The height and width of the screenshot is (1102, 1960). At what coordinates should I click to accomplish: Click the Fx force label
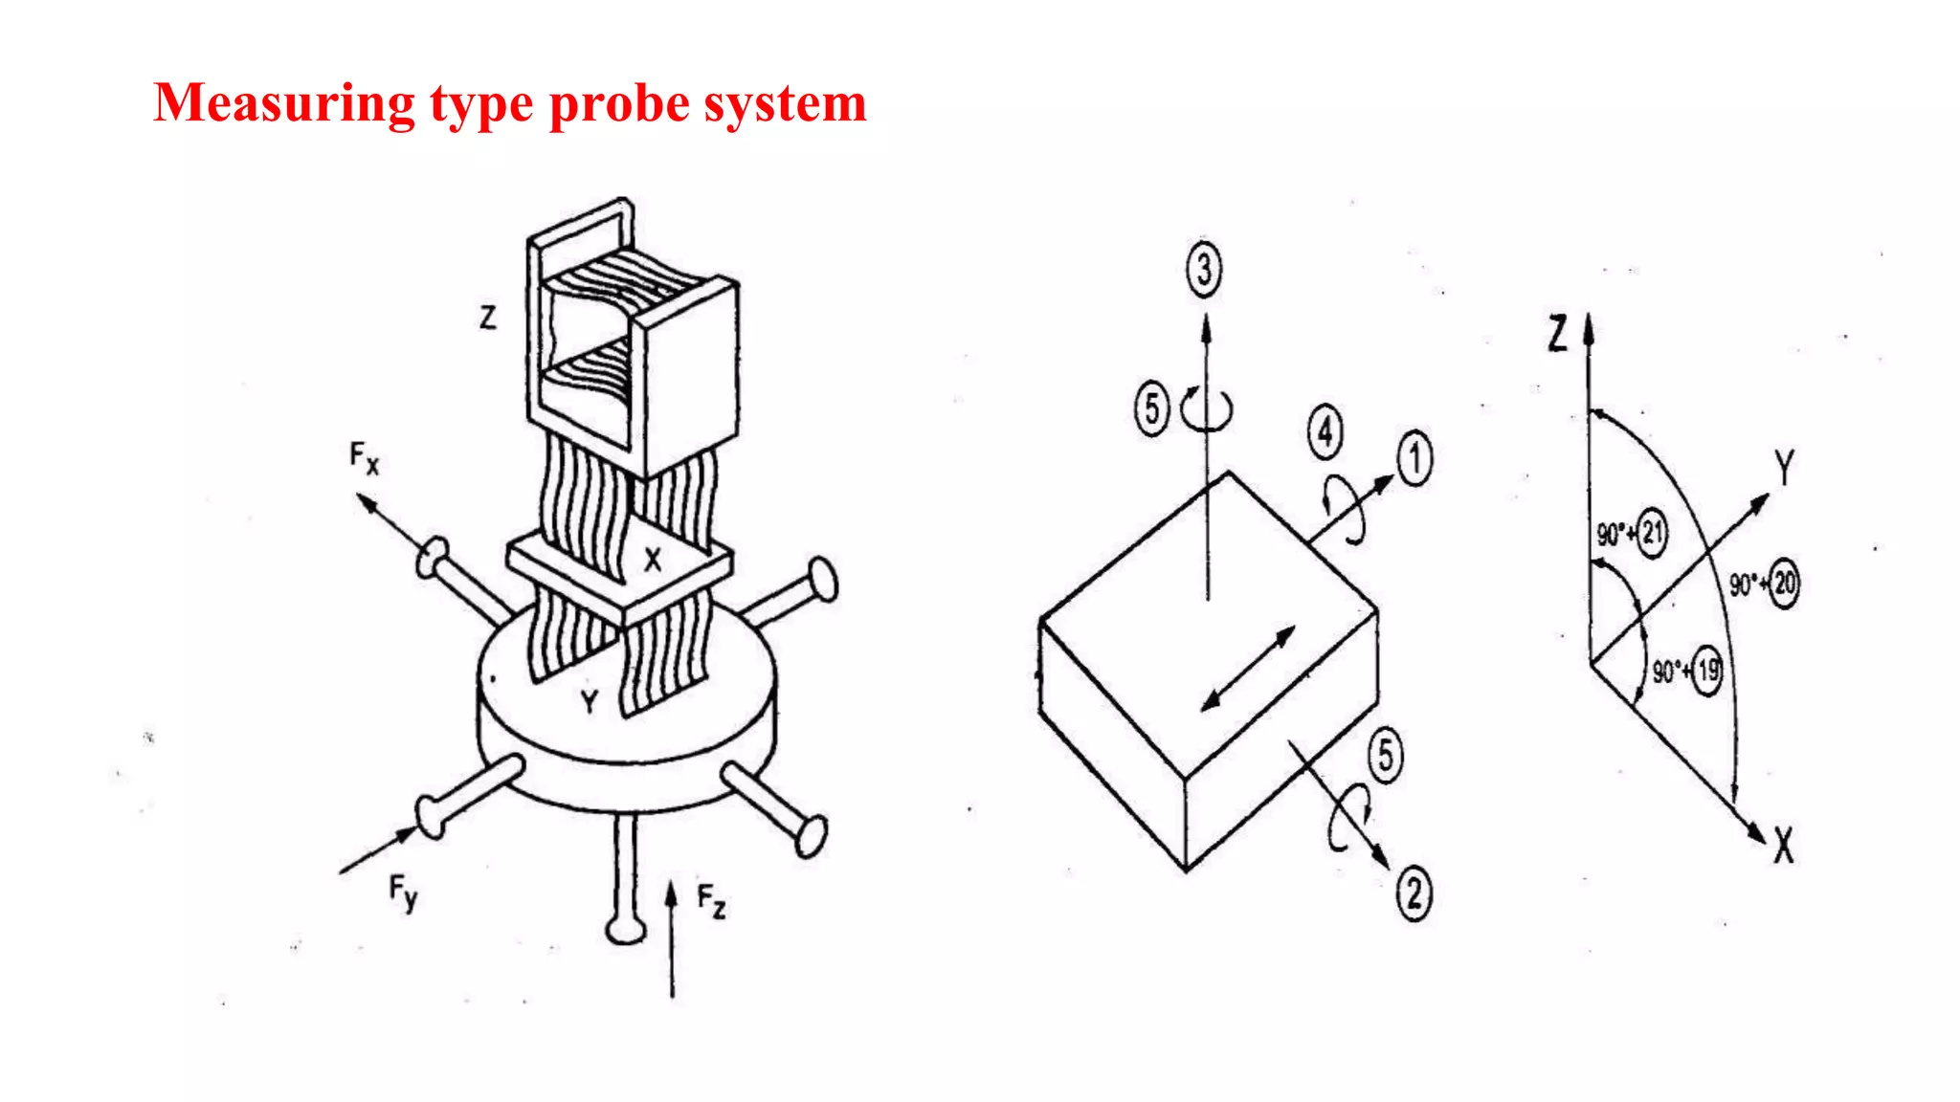click(364, 457)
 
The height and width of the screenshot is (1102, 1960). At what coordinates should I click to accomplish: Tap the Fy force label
click(403, 893)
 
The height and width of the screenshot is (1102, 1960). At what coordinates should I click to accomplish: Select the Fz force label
click(711, 901)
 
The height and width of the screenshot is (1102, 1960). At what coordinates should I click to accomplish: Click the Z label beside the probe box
click(488, 317)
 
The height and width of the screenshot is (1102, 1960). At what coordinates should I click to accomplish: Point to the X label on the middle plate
click(653, 560)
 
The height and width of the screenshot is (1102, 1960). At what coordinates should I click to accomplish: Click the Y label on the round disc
click(590, 703)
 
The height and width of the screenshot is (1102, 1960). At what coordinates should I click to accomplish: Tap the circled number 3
click(1204, 270)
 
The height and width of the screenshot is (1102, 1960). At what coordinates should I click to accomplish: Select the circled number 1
click(1414, 458)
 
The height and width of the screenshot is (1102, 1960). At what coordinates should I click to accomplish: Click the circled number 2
click(1414, 893)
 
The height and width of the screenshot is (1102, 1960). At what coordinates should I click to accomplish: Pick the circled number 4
click(1325, 432)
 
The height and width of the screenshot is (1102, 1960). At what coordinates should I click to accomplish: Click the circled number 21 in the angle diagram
click(1652, 532)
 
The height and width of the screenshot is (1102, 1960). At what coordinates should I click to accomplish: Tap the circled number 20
click(1784, 583)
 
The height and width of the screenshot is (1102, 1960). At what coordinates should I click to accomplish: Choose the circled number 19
click(1707, 671)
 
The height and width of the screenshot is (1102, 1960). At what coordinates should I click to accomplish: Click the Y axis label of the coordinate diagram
click(1784, 468)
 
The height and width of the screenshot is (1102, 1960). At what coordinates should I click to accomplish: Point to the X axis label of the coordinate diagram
click(1783, 846)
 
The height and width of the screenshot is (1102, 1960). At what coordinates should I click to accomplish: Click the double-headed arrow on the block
click(1247, 669)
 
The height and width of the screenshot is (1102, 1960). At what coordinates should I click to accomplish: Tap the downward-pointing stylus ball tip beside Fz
click(626, 930)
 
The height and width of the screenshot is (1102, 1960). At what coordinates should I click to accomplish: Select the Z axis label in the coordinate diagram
click(1558, 334)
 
